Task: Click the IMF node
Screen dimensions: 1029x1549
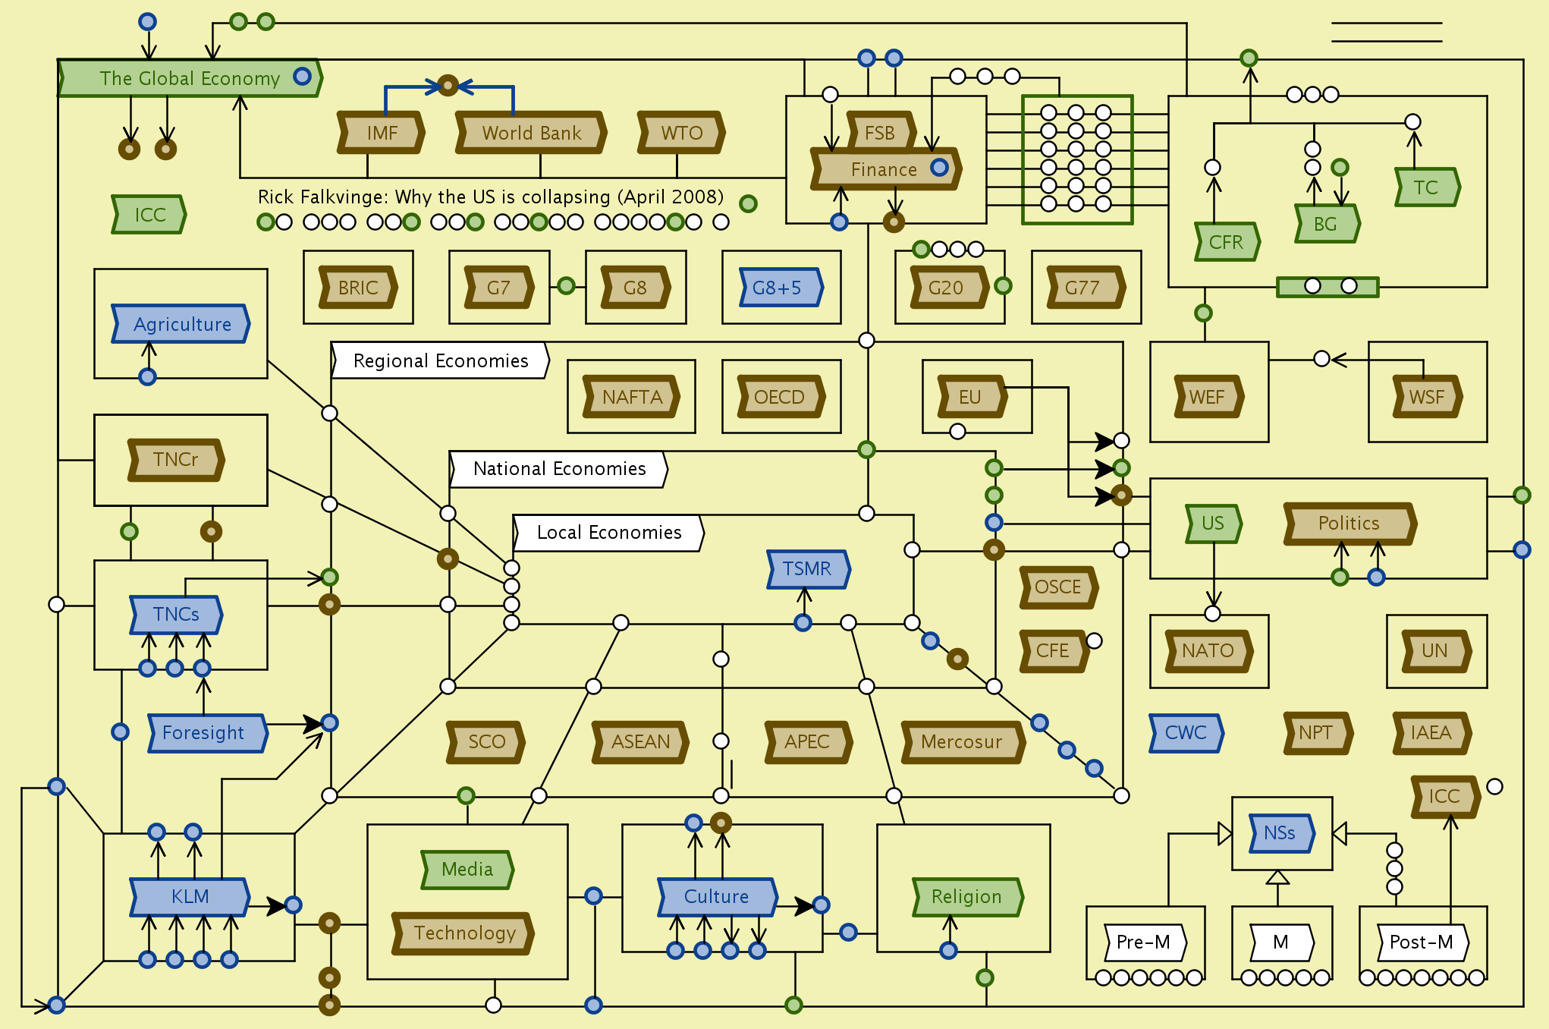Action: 382,133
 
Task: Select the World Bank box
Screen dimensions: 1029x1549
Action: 531,133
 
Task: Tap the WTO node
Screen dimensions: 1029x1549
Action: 681,133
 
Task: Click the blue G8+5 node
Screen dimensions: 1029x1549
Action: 780,288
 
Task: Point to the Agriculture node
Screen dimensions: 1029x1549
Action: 181,324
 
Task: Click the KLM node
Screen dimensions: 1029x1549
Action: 190,896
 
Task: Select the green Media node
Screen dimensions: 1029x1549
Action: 467,869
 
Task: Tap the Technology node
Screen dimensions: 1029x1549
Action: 463,933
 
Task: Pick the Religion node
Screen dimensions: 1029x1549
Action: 967,896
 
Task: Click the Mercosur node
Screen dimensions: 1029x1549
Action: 962,741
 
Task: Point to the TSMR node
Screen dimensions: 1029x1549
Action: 807,568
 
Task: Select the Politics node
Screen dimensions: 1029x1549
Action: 1349,523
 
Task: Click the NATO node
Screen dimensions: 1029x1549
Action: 1208,650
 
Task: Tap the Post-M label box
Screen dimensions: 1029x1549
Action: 1422,942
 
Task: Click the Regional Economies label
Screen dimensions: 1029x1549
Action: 440,360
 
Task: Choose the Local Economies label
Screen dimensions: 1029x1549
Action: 608,532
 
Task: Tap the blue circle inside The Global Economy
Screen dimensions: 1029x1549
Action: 302,76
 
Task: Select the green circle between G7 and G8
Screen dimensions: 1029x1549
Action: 566,286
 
